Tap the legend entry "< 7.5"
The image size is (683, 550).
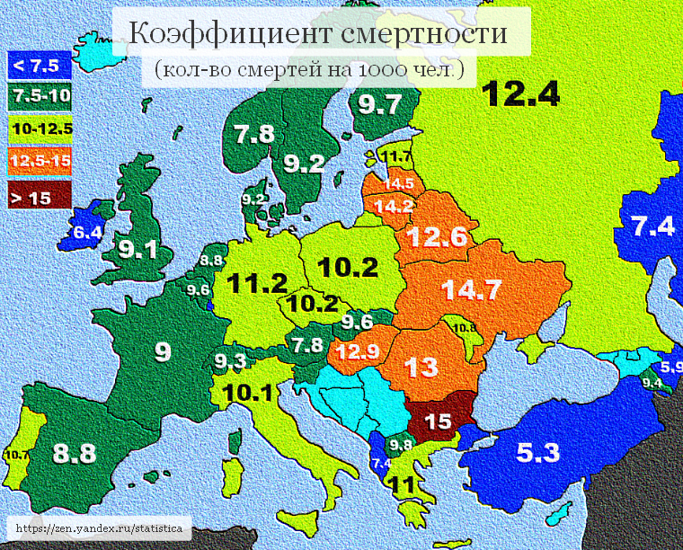[34, 65]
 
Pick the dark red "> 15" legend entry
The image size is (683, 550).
[32, 198]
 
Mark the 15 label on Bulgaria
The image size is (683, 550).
[438, 421]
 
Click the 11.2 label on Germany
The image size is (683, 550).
[257, 283]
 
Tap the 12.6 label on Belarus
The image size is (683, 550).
[436, 236]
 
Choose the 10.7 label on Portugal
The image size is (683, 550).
[16, 456]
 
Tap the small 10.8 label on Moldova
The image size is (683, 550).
[465, 328]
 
